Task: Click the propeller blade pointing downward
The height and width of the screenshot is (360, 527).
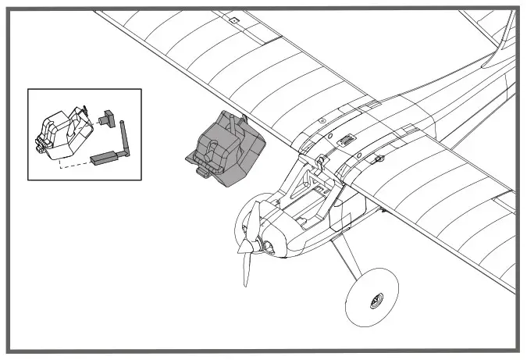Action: click(245, 266)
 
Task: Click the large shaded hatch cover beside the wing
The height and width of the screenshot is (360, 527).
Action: click(227, 148)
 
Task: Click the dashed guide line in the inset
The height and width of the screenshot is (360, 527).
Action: click(74, 165)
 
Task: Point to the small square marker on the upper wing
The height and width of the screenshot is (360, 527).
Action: click(232, 19)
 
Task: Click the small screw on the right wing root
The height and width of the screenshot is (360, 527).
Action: click(379, 159)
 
